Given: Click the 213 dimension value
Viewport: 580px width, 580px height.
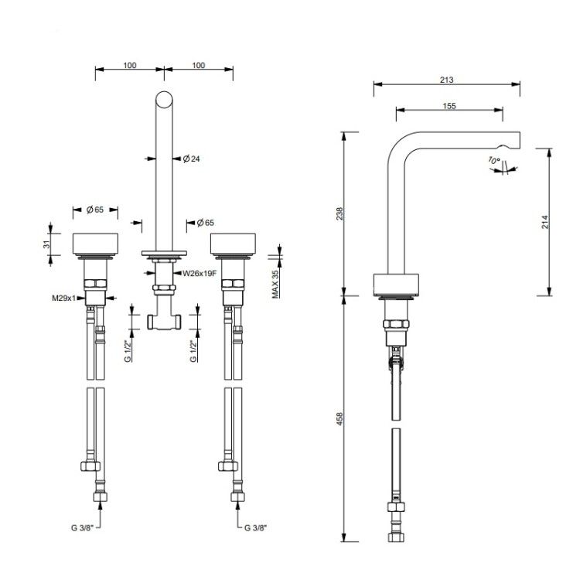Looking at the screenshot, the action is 446,80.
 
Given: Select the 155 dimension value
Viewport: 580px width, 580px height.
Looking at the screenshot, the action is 449,106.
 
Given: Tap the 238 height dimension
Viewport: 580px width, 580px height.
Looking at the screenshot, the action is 339,213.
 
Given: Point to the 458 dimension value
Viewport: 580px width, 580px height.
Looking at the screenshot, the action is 339,418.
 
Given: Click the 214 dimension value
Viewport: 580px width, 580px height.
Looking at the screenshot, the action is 545,222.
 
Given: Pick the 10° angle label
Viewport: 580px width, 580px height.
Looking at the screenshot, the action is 494,161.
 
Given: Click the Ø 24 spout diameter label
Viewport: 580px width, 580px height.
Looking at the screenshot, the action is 191,159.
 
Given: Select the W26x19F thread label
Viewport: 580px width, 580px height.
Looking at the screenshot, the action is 200,273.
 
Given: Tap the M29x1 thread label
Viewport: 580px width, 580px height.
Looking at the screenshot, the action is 63,298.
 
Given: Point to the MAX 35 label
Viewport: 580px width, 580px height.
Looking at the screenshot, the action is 275,284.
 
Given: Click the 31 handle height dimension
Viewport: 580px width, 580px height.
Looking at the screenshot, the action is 46,244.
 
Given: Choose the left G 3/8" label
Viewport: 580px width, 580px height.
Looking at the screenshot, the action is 82,528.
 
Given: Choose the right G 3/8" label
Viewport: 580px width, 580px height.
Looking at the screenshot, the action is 255,528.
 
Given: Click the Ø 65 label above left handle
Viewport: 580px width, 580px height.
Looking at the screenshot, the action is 95,210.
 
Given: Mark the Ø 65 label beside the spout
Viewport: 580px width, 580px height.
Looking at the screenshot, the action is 205,223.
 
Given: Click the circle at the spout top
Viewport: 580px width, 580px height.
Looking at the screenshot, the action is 164,100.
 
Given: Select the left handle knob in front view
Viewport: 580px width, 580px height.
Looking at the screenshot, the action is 95,244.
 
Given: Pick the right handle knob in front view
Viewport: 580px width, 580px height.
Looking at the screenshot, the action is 233,244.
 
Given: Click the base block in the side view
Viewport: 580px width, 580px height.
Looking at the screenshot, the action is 396,285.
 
